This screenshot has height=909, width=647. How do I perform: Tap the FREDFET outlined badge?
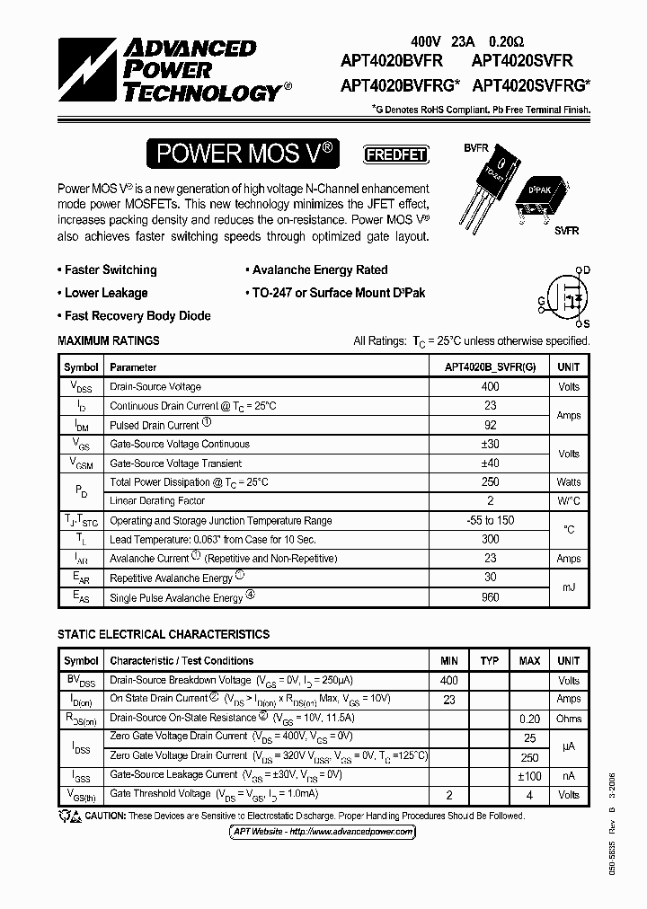click(x=394, y=154)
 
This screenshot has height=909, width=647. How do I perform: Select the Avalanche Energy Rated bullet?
click(x=315, y=269)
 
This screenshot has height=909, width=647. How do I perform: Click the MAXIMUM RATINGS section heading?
click(x=109, y=340)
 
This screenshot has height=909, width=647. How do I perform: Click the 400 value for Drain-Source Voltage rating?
click(x=490, y=386)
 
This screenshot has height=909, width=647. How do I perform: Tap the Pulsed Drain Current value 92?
click(x=490, y=425)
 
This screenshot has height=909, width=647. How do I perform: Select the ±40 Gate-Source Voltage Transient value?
click(x=490, y=463)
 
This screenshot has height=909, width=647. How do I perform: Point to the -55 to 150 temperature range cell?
click(x=490, y=520)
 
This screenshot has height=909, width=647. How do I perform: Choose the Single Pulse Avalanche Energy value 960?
click(x=490, y=596)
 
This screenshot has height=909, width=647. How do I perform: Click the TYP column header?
click(x=489, y=660)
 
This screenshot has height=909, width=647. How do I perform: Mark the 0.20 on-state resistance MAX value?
click(x=529, y=718)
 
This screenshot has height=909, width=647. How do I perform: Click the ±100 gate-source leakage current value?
click(x=529, y=774)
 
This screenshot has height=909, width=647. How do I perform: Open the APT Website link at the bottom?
click(x=323, y=832)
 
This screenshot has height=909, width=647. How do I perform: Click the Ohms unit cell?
click(x=569, y=718)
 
